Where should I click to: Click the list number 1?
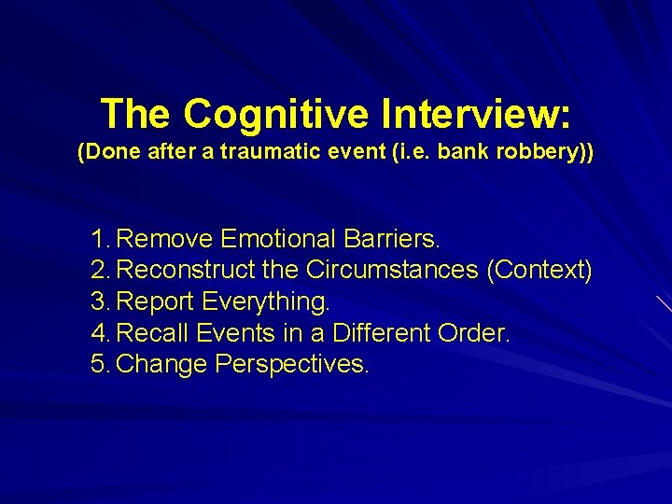(101, 240)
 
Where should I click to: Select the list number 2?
(101, 271)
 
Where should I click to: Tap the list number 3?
(101, 302)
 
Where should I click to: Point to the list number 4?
(101, 333)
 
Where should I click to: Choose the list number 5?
(101, 364)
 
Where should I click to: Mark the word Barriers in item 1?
(390, 240)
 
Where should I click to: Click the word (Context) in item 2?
(539, 271)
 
